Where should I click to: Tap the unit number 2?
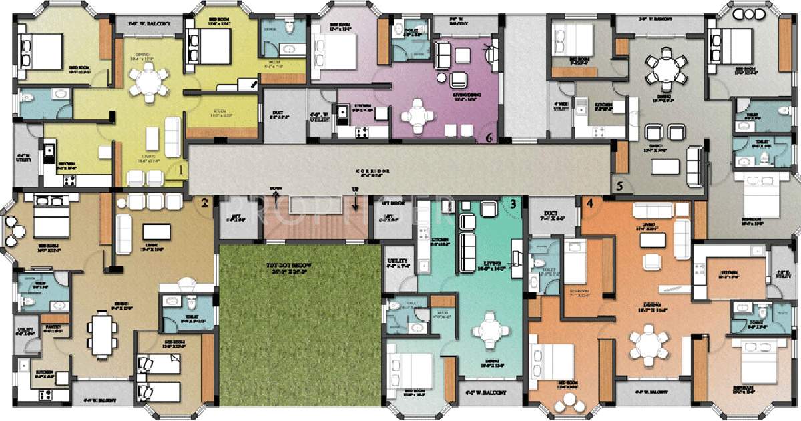tap(205, 202)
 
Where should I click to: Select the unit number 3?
tap(513, 204)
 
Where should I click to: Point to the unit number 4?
tap(589, 203)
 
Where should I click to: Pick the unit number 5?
tap(619, 186)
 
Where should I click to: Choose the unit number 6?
tap(489, 138)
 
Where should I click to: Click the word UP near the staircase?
tap(355, 190)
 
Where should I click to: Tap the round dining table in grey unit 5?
tap(661, 69)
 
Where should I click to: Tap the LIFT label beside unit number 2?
tap(235, 218)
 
